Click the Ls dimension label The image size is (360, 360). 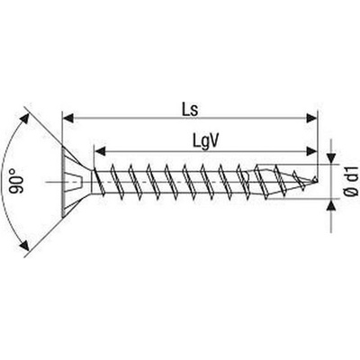point(190,110)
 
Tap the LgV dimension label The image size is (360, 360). point(205,141)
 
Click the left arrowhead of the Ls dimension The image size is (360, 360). point(68,118)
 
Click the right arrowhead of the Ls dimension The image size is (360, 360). point(310,118)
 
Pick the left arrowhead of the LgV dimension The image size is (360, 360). point(100,151)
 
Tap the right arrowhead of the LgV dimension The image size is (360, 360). point(310,151)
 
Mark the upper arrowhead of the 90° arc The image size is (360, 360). point(24,119)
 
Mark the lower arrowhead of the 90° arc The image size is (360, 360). point(24,245)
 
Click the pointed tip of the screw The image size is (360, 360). point(316,180)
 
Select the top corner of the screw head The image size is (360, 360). point(62,147)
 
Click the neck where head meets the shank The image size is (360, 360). point(92,182)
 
